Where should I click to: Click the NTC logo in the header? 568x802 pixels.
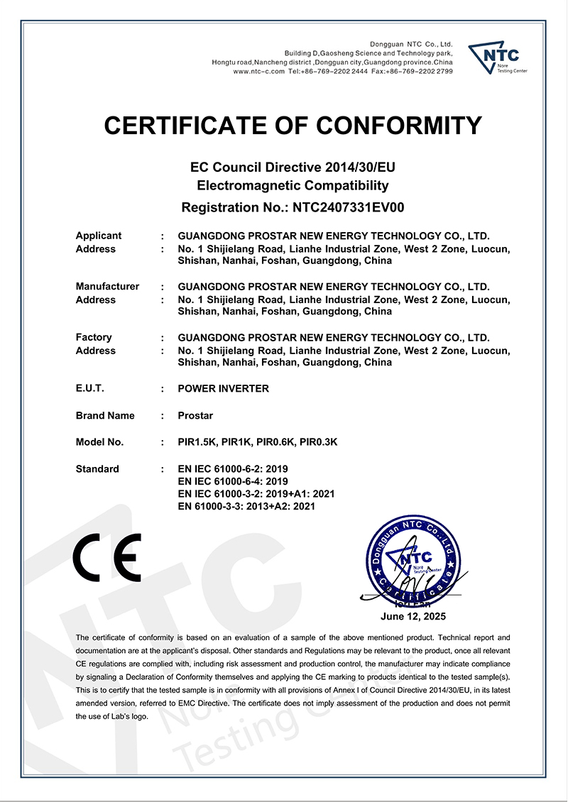pos(497,58)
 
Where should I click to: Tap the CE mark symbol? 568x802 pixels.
pos(107,558)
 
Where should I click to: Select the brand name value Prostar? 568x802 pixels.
pos(195,415)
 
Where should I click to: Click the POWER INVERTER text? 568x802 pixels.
pos(223,388)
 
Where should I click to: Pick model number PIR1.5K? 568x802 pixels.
pos(197,441)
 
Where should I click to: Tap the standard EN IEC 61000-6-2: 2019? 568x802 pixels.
pos(232,469)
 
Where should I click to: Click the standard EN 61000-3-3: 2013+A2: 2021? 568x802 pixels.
pos(246,506)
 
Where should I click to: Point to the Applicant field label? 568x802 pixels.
pos(98,236)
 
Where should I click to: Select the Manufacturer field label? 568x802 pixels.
pos(107,286)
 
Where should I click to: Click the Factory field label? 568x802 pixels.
pos(94,337)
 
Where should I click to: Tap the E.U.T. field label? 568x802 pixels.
pos(89,388)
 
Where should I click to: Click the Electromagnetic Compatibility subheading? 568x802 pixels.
pos(293,186)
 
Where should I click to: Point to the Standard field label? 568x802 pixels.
pos(97,469)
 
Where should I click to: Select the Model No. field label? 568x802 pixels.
pos(99,441)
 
